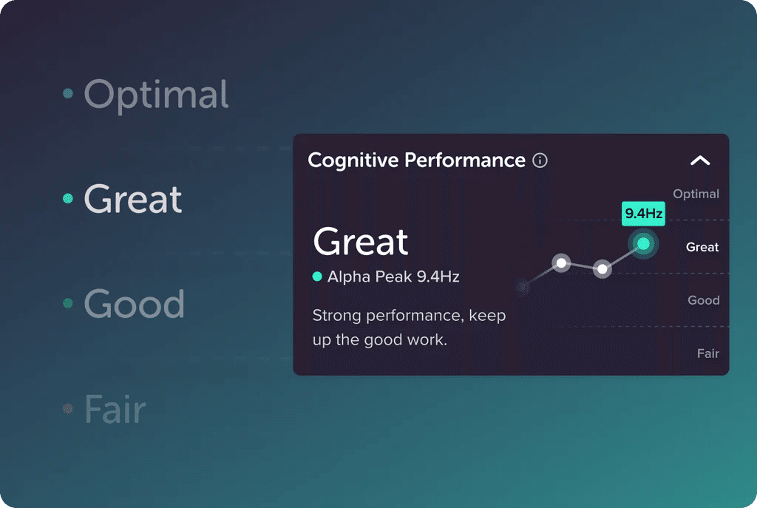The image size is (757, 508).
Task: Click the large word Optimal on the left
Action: click(x=156, y=95)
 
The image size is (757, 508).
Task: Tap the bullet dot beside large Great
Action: click(x=68, y=199)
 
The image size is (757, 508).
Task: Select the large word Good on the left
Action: click(x=134, y=304)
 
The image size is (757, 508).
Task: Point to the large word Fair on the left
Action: click(x=115, y=409)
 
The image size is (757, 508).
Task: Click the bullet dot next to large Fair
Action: click(x=68, y=408)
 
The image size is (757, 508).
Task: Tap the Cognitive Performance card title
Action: click(x=416, y=160)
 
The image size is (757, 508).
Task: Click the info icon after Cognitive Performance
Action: click(x=540, y=160)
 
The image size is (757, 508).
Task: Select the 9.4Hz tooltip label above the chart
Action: click(x=644, y=214)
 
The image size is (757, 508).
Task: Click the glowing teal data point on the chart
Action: click(x=643, y=244)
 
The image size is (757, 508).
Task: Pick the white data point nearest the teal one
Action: click(x=602, y=269)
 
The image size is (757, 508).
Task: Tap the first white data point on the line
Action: click(x=562, y=263)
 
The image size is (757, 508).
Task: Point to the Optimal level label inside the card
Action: click(x=696, y=194)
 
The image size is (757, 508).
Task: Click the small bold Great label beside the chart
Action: click(x=702, y=247)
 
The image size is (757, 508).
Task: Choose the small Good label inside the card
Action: click(x=703, y=300)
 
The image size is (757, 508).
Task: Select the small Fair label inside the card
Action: click(x=707, y=353)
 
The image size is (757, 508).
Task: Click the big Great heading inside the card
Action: click(x=361, y=242)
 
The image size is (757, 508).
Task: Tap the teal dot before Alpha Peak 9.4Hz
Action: click(x=317, y=277)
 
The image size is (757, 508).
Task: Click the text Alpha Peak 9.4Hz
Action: click(x=393, y=277)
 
